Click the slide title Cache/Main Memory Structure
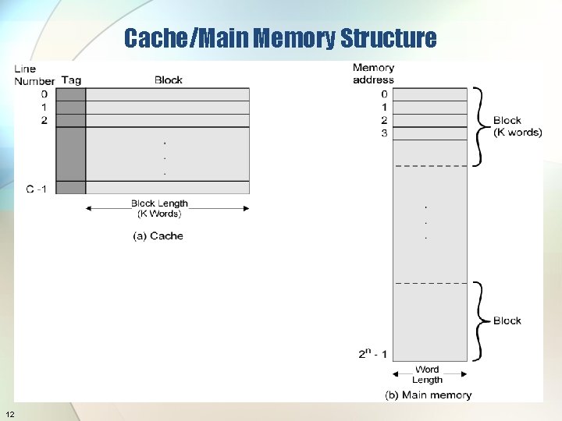(x=280, y=37)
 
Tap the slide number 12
(x=9, y=412)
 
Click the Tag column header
(x=71, y=80)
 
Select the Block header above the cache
(x=169, y=80)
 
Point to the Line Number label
(x=34, y=75)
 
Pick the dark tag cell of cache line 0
(x=71, y=94)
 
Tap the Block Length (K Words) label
(x=159, y=208)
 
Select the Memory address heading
(x=374, y=73)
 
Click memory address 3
(x=384, y=133)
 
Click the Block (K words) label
(x=517, y=126)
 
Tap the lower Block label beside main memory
(x=507, y=320)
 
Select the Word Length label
(x=427, y=374)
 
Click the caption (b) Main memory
(x=428, y=394)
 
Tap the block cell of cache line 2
(x=168, y=120)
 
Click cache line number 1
(x=44, y=107)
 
